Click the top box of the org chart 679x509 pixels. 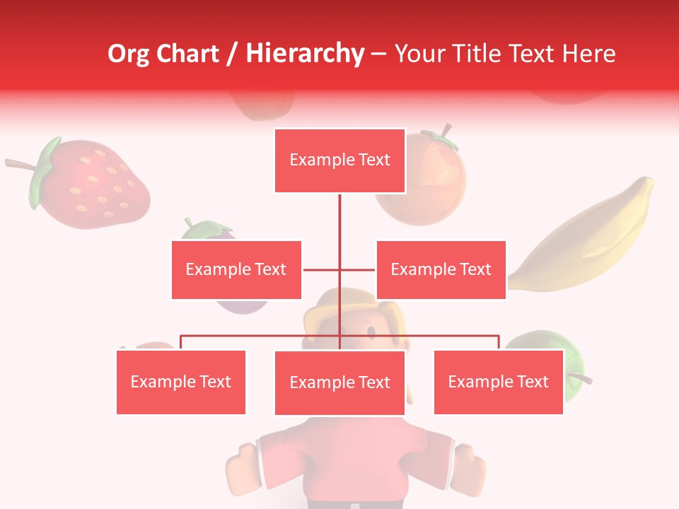[x=339, y=160]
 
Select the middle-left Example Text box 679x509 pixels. [x=236, y=269]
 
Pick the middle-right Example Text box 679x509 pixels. [x=441, y=269]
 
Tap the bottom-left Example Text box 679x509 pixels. [x=180, y=382]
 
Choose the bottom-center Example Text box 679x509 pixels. [x=339, y=382]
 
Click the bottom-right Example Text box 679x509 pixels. [x=498, y=382]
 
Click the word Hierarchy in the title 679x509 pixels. [x=304, y=54]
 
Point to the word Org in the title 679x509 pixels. [x=132, y=54]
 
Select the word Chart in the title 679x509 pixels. [x=189, y=54]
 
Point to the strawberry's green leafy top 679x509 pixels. [x=44, y=172]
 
